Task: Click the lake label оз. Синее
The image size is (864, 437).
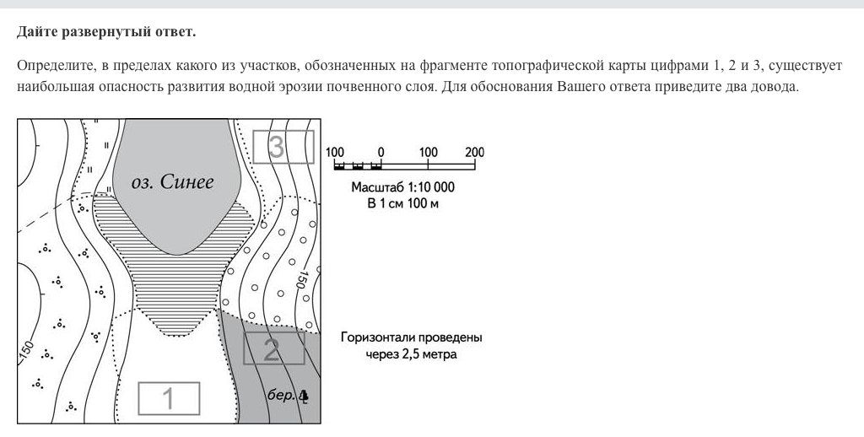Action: click(x=173, y=182)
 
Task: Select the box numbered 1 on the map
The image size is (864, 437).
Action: click(x=169, y=398)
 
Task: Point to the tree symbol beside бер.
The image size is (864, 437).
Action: click(x=304, y=394)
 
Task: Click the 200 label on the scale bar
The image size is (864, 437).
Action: click(x=474, y=153)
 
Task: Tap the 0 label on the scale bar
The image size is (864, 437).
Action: click(x=381, y=153)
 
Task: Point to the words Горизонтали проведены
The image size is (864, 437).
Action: click(x=411, y=337)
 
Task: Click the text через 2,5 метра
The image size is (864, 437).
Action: click(x=411, y=354)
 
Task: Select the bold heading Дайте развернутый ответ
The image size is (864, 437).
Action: click(x=105, y=33)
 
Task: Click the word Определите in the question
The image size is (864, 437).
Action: click(x=50, y=66)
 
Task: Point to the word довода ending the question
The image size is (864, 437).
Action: click(x=773, y=87)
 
